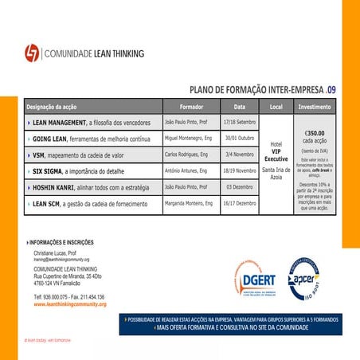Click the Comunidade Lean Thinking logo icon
click(32, 53)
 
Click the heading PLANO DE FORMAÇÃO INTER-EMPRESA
click(254, 91)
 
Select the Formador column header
click(191, 107)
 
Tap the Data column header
click(239, 107)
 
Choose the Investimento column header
click(314, 107)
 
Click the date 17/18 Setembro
click(239, 122)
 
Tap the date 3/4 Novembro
click(239, 153)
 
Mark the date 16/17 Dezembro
click(239, 203)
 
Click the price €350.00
click(314, 134)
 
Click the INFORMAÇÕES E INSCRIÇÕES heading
click(61, 241)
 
